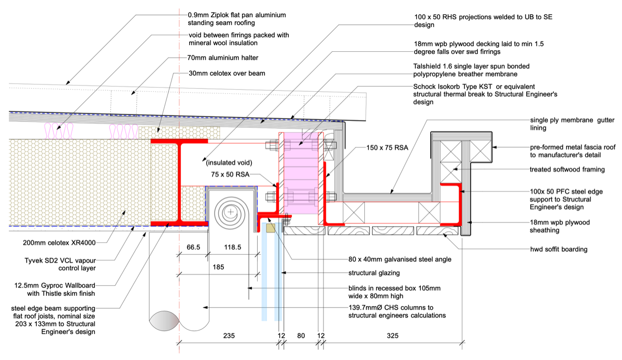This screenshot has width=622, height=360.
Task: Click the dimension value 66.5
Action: [193, 247]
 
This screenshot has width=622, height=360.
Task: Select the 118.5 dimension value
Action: [233, 247]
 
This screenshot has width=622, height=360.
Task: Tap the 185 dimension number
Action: [218, 267]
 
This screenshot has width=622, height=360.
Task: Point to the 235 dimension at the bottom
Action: [229, 336]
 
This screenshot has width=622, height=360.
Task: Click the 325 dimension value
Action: [393, 336]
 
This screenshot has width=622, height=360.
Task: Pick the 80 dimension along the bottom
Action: [301, 336]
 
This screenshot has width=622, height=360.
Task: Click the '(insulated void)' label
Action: [229, 163]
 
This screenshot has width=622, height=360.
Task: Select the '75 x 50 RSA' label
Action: [230, 174]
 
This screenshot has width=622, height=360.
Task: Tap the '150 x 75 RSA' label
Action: [387, 148]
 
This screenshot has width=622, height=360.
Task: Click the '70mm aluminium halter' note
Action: [223, 58]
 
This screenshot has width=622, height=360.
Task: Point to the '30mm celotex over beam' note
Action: [227, 73]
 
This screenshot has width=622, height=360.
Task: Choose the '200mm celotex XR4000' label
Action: [59, 243]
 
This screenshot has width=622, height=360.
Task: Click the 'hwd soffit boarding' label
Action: [559, 249]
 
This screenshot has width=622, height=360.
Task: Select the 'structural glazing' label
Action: [374, 273]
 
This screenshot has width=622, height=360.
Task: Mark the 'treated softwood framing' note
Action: [567, 169]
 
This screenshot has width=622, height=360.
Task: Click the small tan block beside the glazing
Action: [271, 228]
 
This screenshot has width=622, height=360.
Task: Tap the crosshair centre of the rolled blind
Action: [231, 212]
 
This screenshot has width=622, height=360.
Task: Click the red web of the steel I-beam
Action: [179, 183]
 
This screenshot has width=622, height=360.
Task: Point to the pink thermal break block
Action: [301, 173]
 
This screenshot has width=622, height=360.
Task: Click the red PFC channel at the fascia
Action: [460, 204]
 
